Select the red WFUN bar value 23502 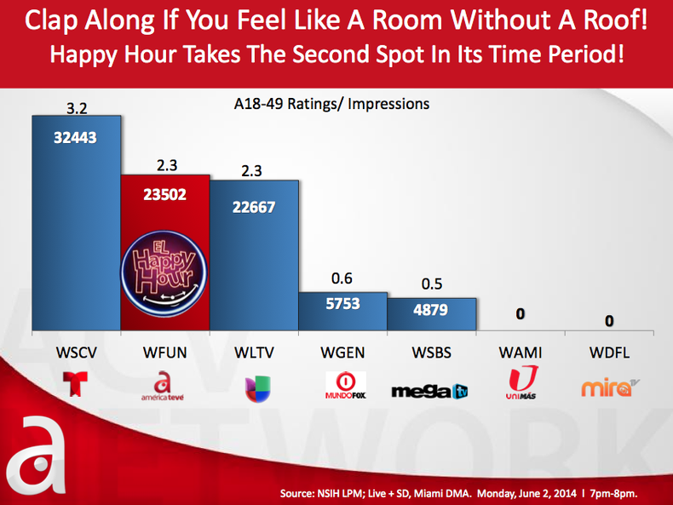tap(164, 193)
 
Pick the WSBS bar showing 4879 tap(430, 312)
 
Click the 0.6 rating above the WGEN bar tap(342, 278)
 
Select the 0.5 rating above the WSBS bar tap(430, 285)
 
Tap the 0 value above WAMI tap(521, 315)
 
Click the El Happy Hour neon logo tap(164, 268)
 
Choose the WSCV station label tap(76, 353)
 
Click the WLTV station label tap(254, 353)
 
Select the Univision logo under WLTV tap(253, 386)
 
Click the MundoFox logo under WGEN tap(344, 386)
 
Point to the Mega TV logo tap(430, 391)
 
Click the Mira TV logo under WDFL tap(608, 387)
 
